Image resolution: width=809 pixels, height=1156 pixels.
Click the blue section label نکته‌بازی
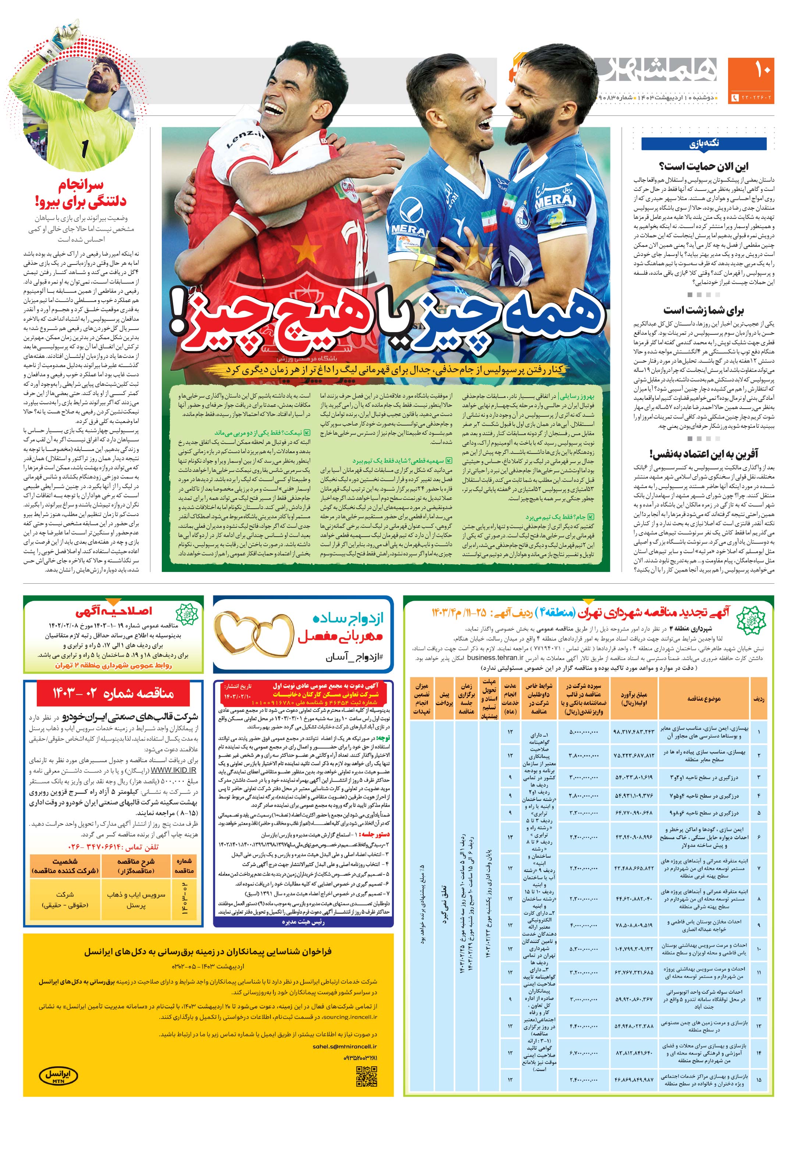704,143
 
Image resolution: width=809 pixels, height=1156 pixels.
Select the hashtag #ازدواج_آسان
359,658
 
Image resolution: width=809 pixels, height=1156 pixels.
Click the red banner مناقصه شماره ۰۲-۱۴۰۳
113,693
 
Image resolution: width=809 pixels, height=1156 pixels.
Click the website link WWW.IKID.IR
174,770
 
